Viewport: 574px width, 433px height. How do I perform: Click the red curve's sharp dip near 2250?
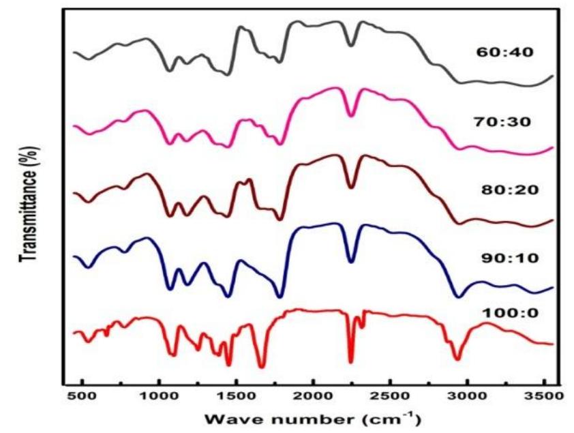[351, 362]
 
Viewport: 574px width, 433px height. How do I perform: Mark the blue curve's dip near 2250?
[351, 261]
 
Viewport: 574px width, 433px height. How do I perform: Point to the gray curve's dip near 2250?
[351, 45]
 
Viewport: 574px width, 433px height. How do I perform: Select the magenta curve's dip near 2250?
[351, 115]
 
